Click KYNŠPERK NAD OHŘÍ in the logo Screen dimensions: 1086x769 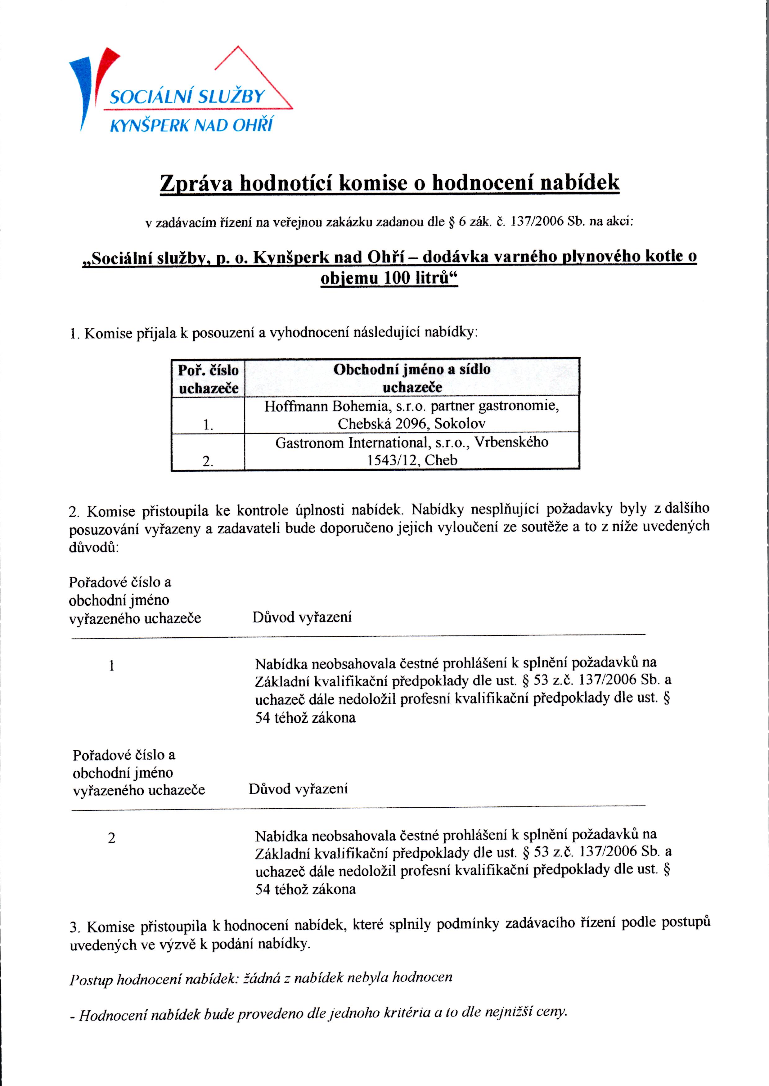[191, 125]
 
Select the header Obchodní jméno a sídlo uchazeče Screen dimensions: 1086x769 [412, 378]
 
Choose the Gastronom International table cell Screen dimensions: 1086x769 [412, 451]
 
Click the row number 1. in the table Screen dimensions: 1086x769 [208, 425]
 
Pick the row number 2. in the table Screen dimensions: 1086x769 [208, 461]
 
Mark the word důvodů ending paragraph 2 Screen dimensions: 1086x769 [94, 547]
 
